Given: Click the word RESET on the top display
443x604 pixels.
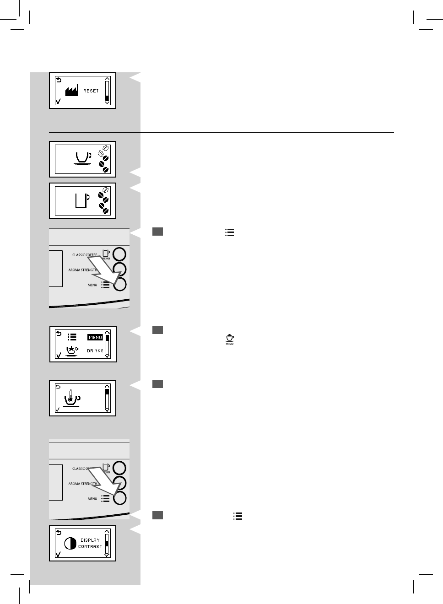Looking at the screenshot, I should tap(91, 91).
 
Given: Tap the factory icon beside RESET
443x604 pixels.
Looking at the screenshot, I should tap(71, 91).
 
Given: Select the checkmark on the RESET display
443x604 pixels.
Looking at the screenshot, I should tap(58, 101).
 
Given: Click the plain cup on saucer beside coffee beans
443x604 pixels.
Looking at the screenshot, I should tap(83, 157).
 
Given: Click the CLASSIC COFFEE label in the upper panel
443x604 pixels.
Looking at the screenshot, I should tap(85, 255).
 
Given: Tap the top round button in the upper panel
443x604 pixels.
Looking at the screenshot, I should tap(119, 254).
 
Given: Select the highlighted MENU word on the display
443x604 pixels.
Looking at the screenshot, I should tap(95, 337).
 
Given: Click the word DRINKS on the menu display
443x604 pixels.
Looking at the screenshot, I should tap(95, 351).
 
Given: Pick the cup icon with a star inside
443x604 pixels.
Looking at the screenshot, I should tap(72, 351).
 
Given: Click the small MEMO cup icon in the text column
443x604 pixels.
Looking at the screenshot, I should tap(230, 339).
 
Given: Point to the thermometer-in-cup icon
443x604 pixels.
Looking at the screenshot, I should tap(71, 398).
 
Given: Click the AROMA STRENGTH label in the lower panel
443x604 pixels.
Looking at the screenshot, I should tap(83, 484).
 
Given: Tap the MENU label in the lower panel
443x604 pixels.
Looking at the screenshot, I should tap(92, 499).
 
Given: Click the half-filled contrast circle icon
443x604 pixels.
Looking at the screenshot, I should tap(70, 543).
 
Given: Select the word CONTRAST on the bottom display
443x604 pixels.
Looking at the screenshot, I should tap(90, 546).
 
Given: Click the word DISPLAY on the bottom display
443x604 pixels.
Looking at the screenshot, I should tap(90, 540).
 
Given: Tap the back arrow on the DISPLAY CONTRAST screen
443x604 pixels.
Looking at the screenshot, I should tap(58, 533).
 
